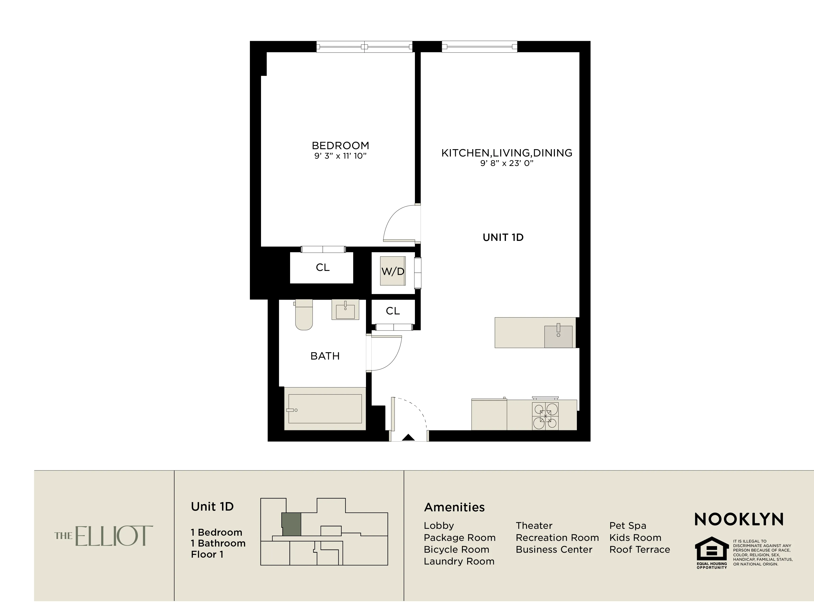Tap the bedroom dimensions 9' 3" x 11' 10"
(x=340, y=156)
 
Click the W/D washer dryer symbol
(x=393, y=271)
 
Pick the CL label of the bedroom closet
(x=322, y=268)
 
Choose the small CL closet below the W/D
(x=393, y=311)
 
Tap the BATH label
(x=325, y=356)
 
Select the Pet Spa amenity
(x=627, y=525)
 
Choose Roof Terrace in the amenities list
(x=639, y=549)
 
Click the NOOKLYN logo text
(x=739, y=520)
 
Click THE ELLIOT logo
(x=104, y=536)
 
